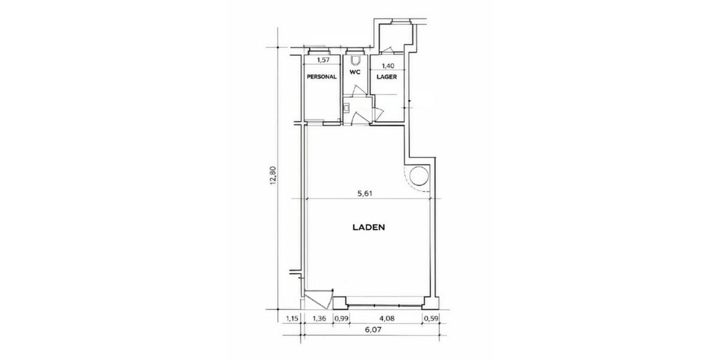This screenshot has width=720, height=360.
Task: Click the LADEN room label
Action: point(367,228)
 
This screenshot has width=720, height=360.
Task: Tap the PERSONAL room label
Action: point(322,77)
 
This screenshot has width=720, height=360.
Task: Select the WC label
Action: point(355,73)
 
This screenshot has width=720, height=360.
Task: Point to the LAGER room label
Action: point(386,77)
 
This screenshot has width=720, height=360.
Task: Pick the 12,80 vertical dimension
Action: point(274,176)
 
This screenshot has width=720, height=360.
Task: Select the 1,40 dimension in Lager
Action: point(388,66)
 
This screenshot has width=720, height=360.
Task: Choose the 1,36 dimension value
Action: point(320,318)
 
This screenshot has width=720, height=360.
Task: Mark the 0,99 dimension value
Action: point(341,318)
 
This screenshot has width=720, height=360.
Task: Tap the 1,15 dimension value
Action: point(292,318)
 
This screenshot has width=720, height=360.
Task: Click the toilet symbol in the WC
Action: point(356,60)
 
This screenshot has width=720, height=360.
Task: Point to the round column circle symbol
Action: point(419,176)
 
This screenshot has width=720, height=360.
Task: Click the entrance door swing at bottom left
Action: point(318,298)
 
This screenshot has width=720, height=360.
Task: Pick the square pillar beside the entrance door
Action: point(340,302)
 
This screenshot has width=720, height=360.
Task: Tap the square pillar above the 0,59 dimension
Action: point(429,302)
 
